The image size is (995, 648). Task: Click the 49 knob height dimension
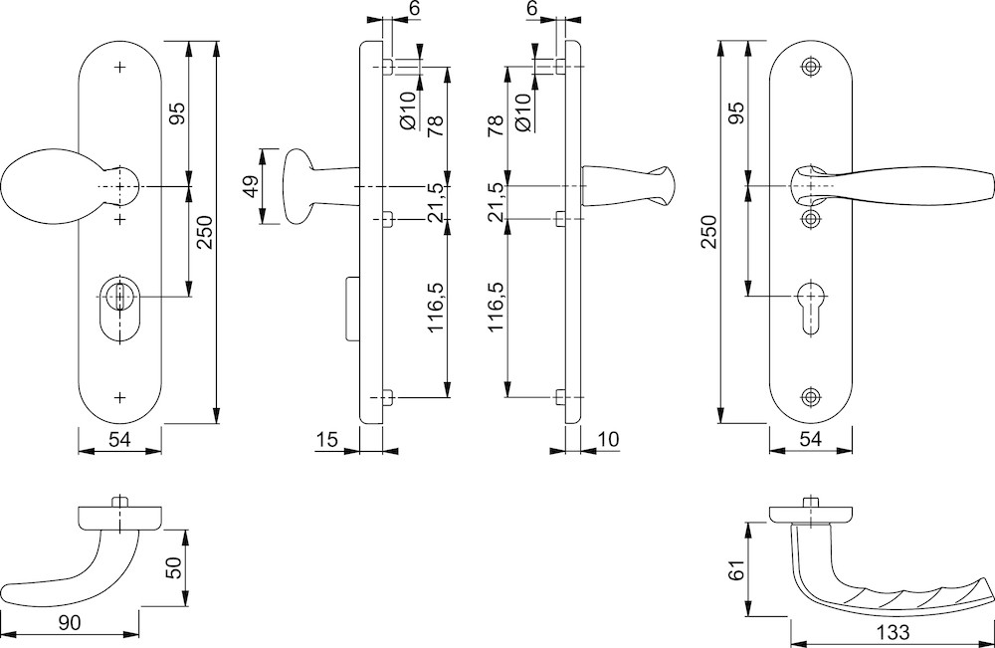pyautogui.click(x=252, y=187)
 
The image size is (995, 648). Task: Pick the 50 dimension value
pyautogui.click(x=173, y=569)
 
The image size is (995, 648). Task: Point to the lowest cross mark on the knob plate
pyautogui.click(x=120, y=398)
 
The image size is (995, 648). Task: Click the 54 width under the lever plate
pyautogui.click(x=811, y=438)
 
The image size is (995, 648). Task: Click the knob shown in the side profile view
pyautogui.click(x=297, y=187)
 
